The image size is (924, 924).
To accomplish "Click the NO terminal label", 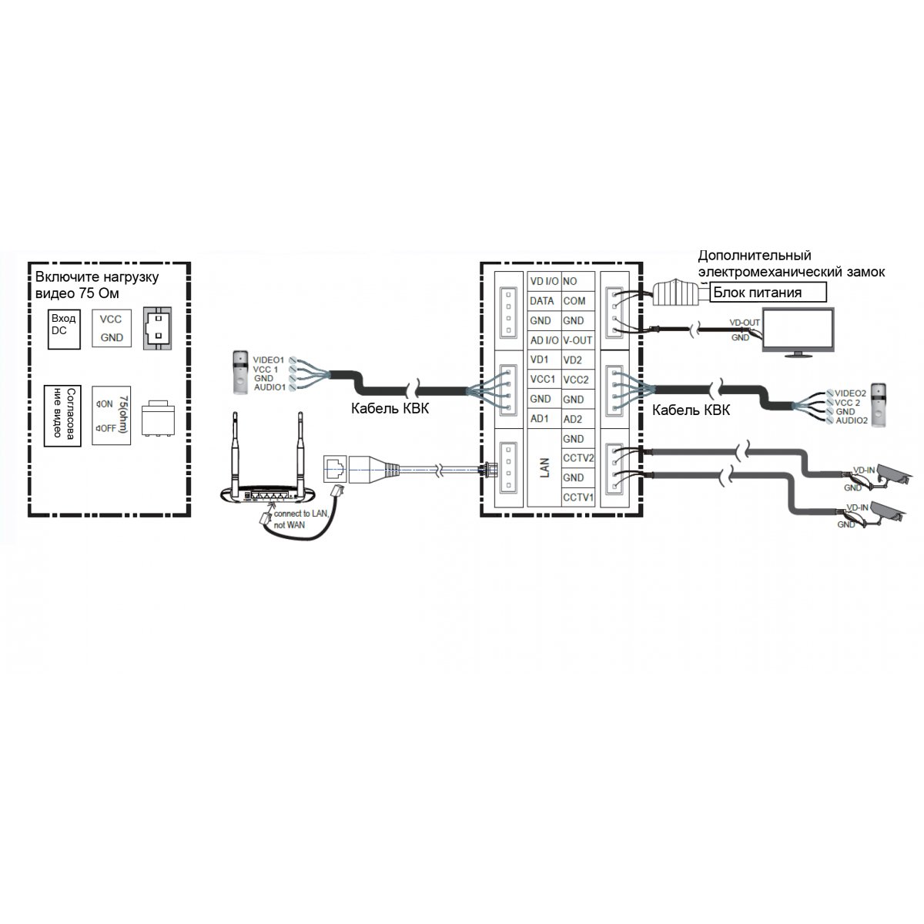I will coord(570,283).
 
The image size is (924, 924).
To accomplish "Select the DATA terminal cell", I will coord(542,302).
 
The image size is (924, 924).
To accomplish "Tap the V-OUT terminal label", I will coord(577,340).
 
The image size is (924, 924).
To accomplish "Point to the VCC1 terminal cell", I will coord(542,380).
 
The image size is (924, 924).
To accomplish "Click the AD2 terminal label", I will coord(573,419).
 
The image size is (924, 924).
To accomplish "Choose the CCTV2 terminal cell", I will coord(578,459).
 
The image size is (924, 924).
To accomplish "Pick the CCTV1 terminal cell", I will coord(578,498).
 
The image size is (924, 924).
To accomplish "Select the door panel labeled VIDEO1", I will coord(242,370).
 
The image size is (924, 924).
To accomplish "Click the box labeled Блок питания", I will coord(767,293).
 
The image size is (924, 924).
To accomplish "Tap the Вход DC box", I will coord(65,330).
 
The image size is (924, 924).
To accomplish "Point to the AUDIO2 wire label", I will coord(851,421).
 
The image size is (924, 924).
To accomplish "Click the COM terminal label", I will coord(574,302).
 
